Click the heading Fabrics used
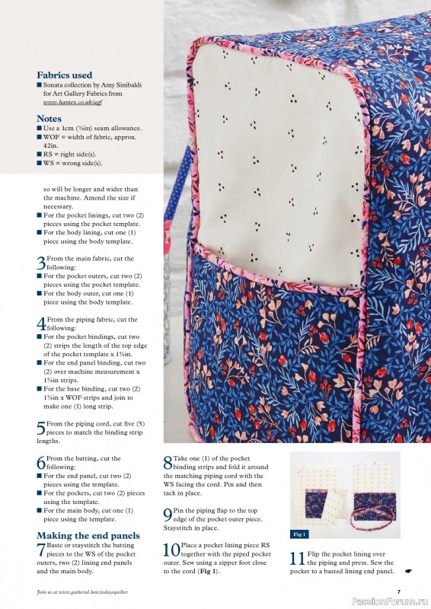(65, 75)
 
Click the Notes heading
(49, 119)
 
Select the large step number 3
(40, 263)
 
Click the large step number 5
(40, 428)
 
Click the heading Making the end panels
(88, 536)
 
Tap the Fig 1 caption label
(299, 534)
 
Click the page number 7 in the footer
(398, 591)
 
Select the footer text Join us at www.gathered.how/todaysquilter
(89, 591)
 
